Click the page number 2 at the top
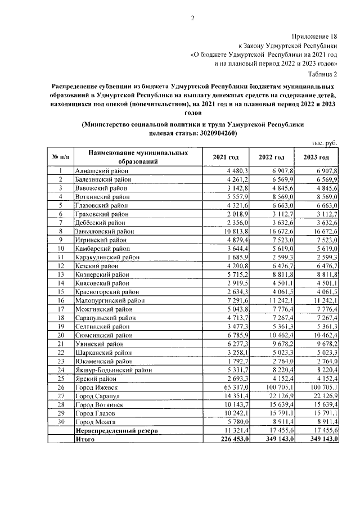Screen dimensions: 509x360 pyautogui.click(x=192, y=18)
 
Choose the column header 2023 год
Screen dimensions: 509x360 pyautogui.click(x=316, y=157)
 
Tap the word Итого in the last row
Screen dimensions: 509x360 pyautogui.click(x=84, y=439)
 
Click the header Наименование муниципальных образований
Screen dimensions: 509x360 pyautogui.click(x=133, y=157)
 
